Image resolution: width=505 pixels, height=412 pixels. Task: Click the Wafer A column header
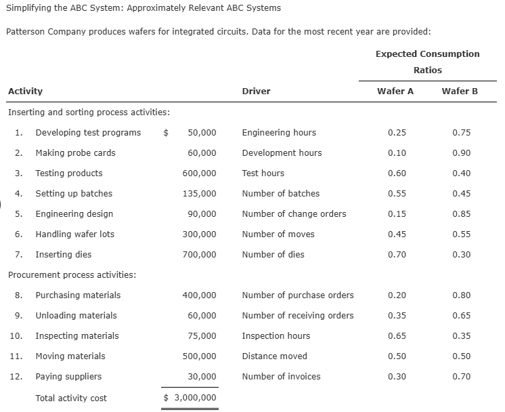tap(397, 91)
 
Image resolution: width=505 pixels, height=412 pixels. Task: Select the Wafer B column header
tap(460, 91)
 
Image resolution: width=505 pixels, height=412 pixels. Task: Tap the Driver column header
tap(256, 91)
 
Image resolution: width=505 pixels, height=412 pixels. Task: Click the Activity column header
tap(25, 91)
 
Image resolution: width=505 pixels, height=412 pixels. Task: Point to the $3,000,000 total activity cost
tap(190, 398)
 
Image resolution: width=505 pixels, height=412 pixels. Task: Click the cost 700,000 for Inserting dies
tap(200, 255)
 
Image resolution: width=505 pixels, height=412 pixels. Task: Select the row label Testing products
tap(69, 173)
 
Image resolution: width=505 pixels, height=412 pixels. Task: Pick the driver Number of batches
tap(280, 194)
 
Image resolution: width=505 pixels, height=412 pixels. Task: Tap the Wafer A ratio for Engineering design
tap(397, 214)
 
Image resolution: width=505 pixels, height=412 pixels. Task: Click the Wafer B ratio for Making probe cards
tap(461, 153)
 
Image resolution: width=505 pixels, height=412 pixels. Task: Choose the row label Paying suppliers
tap(68, 377)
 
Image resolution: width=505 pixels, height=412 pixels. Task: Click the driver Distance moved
tap(274, 356)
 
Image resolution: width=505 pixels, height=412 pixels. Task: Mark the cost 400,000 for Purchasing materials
tap(200, 295)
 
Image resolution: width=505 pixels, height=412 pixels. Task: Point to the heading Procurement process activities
tap(72, 275)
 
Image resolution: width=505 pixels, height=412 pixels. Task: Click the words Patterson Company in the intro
tap(40, 32)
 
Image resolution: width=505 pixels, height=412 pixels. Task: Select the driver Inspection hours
tap(276, 336)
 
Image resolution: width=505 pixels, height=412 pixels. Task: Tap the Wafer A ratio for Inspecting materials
tap(397, 336)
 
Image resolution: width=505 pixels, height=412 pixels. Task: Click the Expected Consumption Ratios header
tap(427, 62)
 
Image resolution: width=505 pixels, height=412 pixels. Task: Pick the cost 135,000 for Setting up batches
tap(200, 194)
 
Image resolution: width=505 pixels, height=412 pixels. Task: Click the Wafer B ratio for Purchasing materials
tap(461, 295)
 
